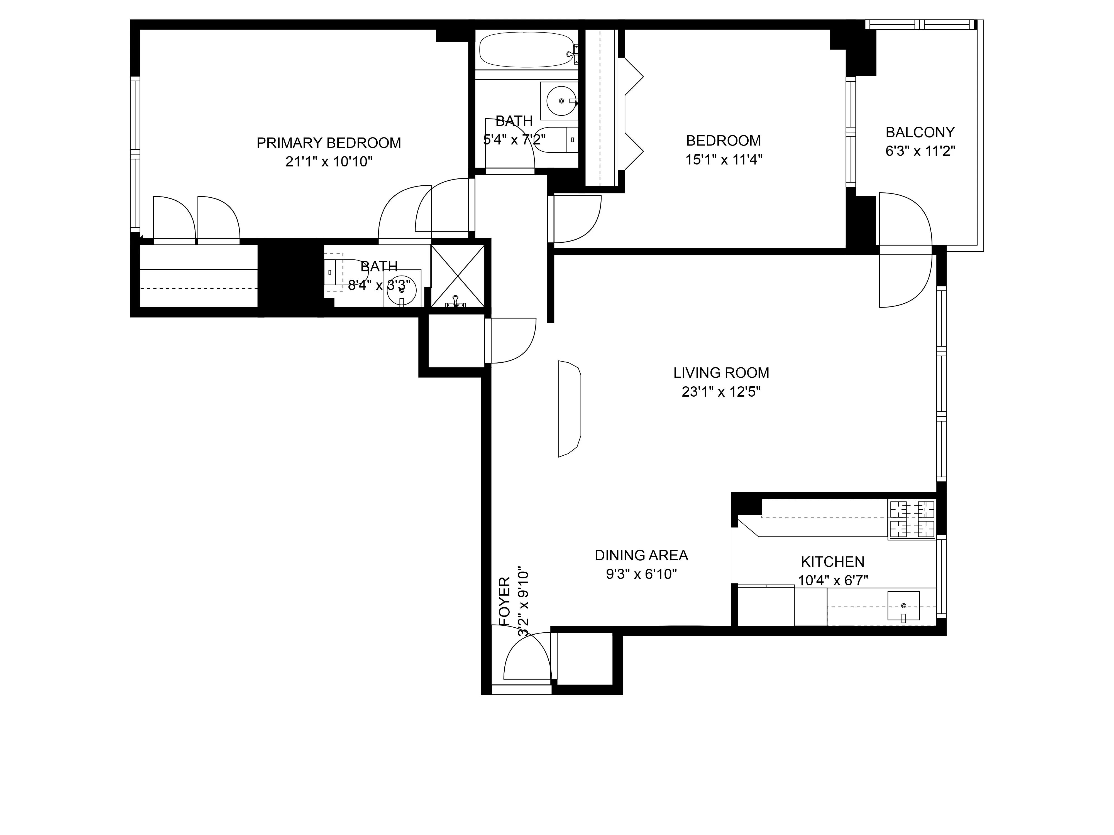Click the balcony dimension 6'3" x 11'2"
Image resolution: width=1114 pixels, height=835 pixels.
click(x=920, y=151)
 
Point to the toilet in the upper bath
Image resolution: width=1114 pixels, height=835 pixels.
click(x=554, y=139)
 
